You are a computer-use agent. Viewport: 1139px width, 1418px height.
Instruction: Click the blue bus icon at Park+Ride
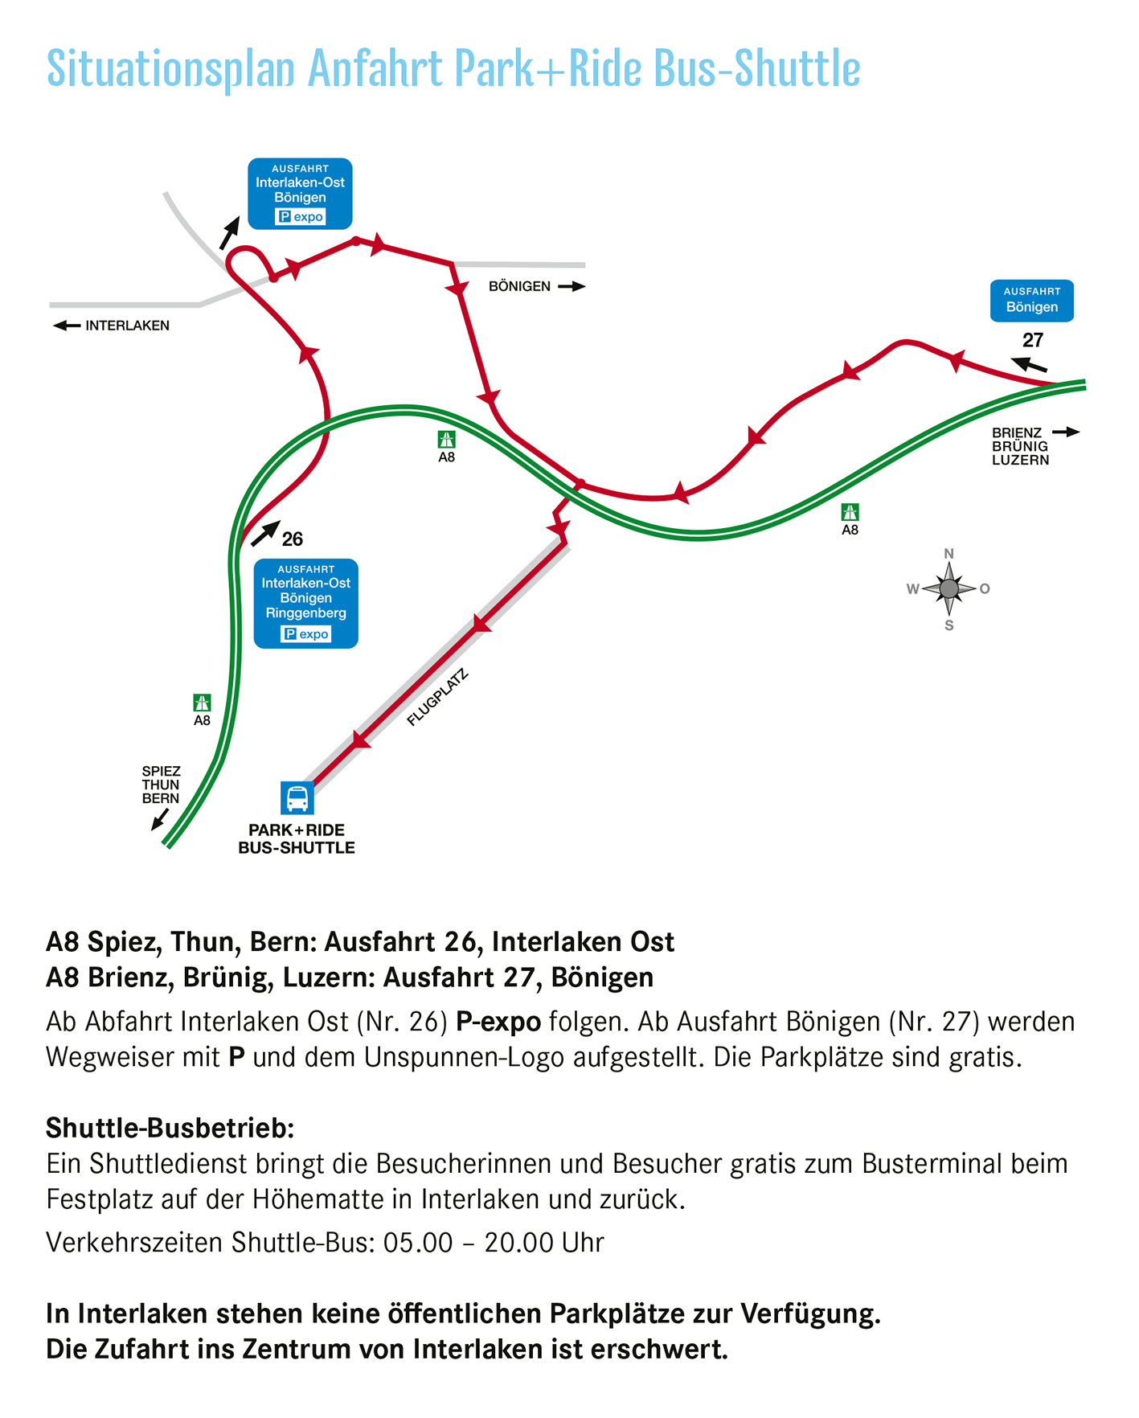(297, 798)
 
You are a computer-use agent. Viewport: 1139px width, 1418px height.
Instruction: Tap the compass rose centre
(948, 589)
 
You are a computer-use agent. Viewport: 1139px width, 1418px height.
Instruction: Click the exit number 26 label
(293, 539)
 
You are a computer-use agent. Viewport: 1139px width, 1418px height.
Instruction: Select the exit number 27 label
(1032, 340)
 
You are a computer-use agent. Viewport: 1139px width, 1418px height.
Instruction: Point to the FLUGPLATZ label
(437, 698)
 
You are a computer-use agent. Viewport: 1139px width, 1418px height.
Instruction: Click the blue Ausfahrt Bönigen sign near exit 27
(1031, 301)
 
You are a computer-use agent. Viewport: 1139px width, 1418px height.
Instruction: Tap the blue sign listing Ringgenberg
(305, 603)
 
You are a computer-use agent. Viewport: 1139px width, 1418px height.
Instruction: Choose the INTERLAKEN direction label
(127, 326)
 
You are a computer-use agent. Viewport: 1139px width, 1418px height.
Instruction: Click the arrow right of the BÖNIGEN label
(572, 286)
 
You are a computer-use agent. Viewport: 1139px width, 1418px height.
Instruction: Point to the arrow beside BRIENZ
(1066, 432)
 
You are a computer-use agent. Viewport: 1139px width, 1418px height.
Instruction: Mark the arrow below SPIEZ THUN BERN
(159, 821)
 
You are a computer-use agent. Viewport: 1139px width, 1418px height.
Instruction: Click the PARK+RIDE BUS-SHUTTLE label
(297, 839)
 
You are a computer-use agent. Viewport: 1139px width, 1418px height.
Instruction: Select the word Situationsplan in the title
(170, 68)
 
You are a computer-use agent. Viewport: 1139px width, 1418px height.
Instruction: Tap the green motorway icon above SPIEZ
(202, 703)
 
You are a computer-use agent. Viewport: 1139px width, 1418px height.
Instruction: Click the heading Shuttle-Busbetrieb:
(170, 1128)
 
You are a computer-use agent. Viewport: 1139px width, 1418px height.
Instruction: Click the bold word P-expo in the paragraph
(498, 1022)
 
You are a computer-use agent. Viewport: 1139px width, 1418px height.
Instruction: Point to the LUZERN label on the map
(1020, 460)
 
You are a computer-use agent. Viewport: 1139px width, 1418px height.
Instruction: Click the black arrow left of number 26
(265, 532)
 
